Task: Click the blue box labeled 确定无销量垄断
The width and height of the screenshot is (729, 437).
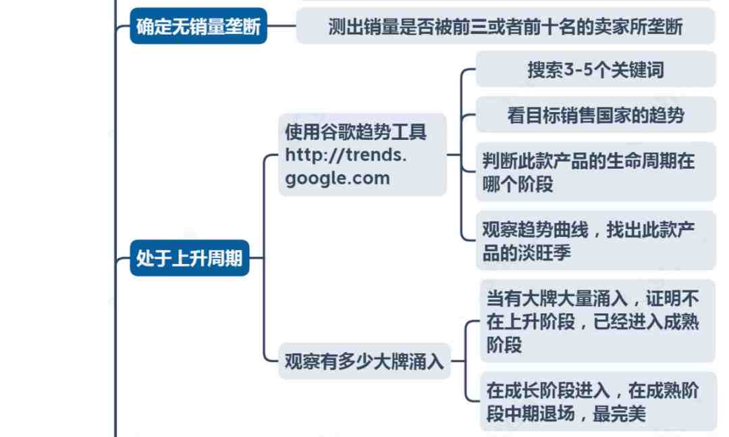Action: point(198,26)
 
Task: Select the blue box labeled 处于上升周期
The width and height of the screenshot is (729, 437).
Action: point(190,258)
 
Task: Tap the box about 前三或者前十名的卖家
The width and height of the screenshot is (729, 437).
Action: point(506,26)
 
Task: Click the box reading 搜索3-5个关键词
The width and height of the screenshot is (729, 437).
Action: point(595,70)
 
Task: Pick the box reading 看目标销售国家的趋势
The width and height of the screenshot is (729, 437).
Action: point(595,115)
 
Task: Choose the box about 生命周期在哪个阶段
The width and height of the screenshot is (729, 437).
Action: point(595,172)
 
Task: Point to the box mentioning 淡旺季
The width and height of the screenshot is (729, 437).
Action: point(595,240)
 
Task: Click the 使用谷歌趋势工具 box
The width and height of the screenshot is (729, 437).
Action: point(362,155)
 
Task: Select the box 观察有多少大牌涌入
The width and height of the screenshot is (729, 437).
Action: point(364,361)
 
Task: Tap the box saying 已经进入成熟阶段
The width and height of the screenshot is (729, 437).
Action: point(597,321)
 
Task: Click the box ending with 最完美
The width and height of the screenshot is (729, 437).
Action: point(597,401)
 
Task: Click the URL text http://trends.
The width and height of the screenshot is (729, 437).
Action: point(346,155)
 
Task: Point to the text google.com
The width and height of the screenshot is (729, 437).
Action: point(337,178)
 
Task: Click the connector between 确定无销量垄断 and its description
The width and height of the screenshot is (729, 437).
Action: point(281,26)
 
